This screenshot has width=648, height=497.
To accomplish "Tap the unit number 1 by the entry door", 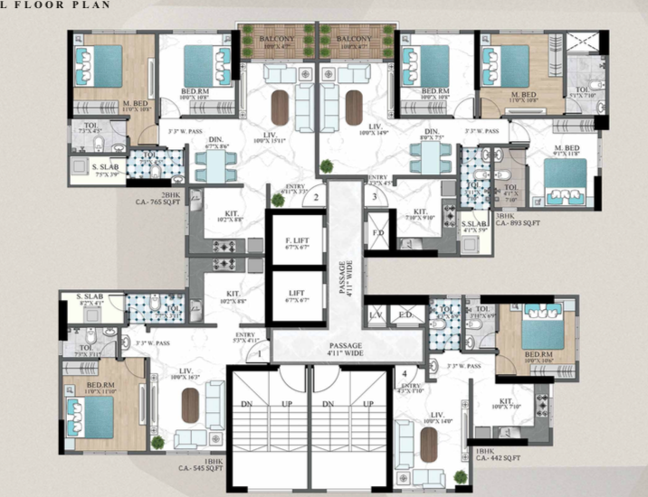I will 259,354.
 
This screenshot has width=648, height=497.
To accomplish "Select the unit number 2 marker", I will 315,196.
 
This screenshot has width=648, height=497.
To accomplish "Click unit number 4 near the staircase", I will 404,372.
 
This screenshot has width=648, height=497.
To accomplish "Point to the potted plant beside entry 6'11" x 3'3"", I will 274,195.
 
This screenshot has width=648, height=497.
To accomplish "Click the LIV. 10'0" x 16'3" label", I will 191,374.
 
